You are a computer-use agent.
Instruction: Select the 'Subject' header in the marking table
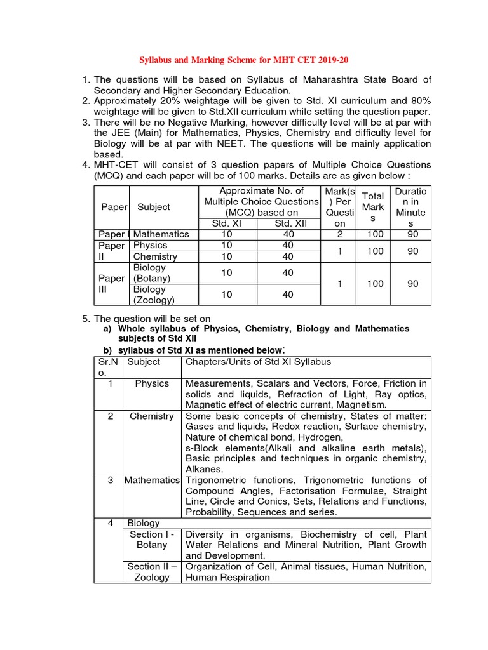click(x=153, y=207)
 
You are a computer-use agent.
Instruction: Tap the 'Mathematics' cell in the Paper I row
click(x=161, y=234)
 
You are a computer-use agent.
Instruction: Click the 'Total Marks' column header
click(x=372, y=207)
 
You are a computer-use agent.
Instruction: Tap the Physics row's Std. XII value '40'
click(x=288, y=245)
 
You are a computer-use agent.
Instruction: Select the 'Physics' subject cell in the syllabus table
click(x=152, y=383)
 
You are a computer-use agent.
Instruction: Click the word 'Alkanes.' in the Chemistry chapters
click(x=204, y=469)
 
